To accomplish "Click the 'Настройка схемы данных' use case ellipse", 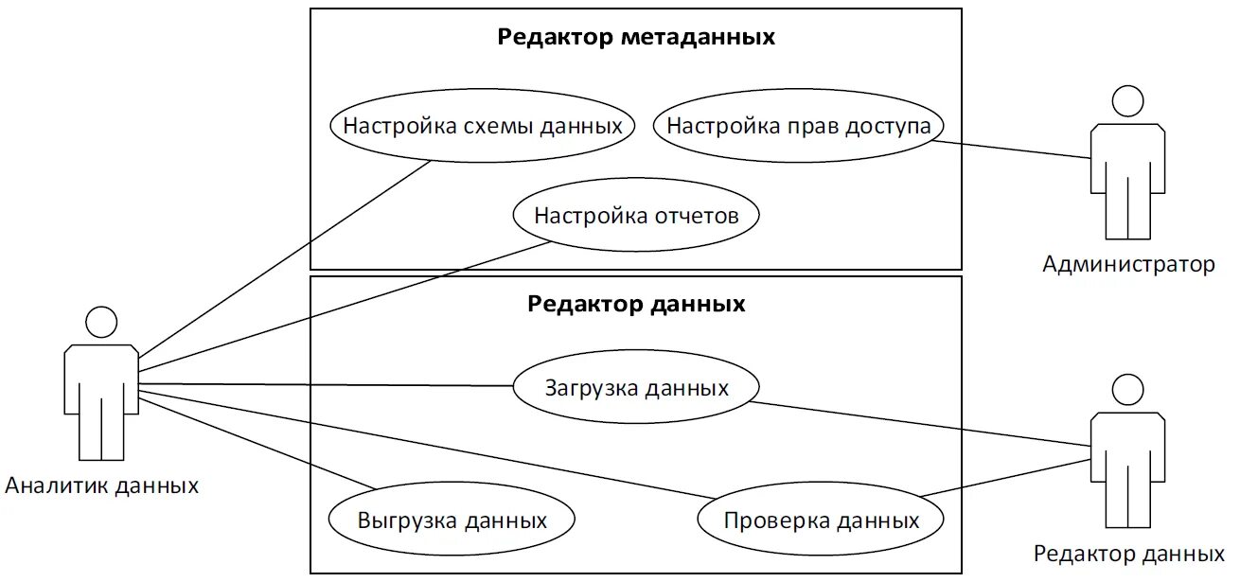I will point(482,126).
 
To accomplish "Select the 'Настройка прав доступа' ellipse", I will point(799,126).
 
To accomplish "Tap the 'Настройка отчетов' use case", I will point(636,216).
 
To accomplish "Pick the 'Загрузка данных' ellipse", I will point(636,388).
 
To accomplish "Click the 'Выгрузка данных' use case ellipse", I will point(452,520).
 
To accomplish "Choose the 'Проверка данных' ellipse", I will point(821,520).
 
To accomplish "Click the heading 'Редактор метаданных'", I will point(636,38).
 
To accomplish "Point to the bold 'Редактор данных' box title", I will point(636,305).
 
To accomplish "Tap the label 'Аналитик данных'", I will point(102,486).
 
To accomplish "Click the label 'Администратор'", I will point(1128,264).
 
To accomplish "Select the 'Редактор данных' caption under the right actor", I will point(1128,554).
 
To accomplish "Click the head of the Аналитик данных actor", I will point(101,323).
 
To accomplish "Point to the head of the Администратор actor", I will point(1127,101).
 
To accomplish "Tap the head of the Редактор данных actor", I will point(1127,390).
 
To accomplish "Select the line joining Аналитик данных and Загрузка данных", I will point(327,385).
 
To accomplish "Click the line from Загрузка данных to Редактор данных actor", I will point(918,423).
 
